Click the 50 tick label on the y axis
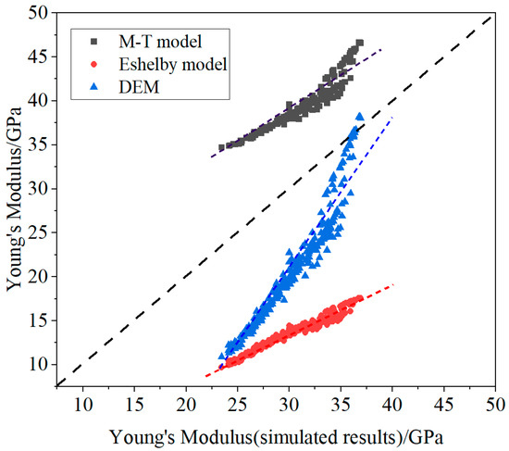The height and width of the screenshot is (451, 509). (x=38, y=13)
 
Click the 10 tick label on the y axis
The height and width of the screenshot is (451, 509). (x=38, y=364)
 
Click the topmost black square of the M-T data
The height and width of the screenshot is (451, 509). (x=360, y=43)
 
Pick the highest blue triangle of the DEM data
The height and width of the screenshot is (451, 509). (x=359, y=117)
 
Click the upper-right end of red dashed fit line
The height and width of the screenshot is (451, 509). (x=394, y=283)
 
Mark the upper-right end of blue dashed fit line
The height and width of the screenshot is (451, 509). (x=392, y=118)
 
